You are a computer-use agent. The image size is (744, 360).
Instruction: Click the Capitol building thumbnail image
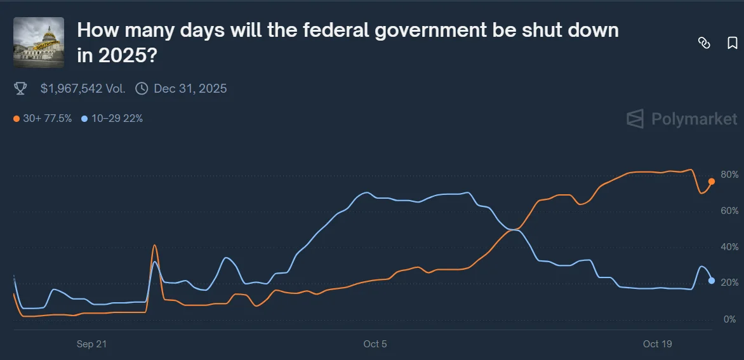(39, 42)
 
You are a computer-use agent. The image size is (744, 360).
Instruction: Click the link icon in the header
(704, 43)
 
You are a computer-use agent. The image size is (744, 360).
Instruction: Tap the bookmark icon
(732, 43)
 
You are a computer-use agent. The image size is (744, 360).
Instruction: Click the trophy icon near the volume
(20, 89)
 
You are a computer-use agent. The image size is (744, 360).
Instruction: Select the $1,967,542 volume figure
(83, 89)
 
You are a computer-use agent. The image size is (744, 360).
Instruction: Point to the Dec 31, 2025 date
(190, 89)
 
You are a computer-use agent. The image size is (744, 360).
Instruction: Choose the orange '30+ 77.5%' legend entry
(43, 118)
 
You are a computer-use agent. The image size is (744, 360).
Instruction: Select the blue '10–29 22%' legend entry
(112, 118)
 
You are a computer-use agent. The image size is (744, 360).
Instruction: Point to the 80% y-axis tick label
(729, 175)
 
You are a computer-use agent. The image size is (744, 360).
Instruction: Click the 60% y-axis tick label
(729, 211)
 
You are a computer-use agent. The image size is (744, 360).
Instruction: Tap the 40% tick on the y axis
(729, 247)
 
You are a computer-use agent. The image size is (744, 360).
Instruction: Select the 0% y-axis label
(729, 319)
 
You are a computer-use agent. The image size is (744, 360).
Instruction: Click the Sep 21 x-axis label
(91, 344)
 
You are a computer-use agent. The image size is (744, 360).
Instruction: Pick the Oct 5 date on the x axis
(375, 344)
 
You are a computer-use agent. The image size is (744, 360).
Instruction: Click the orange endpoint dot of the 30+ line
(712, 182)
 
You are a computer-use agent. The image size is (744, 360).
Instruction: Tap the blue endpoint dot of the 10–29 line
(712, 281)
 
